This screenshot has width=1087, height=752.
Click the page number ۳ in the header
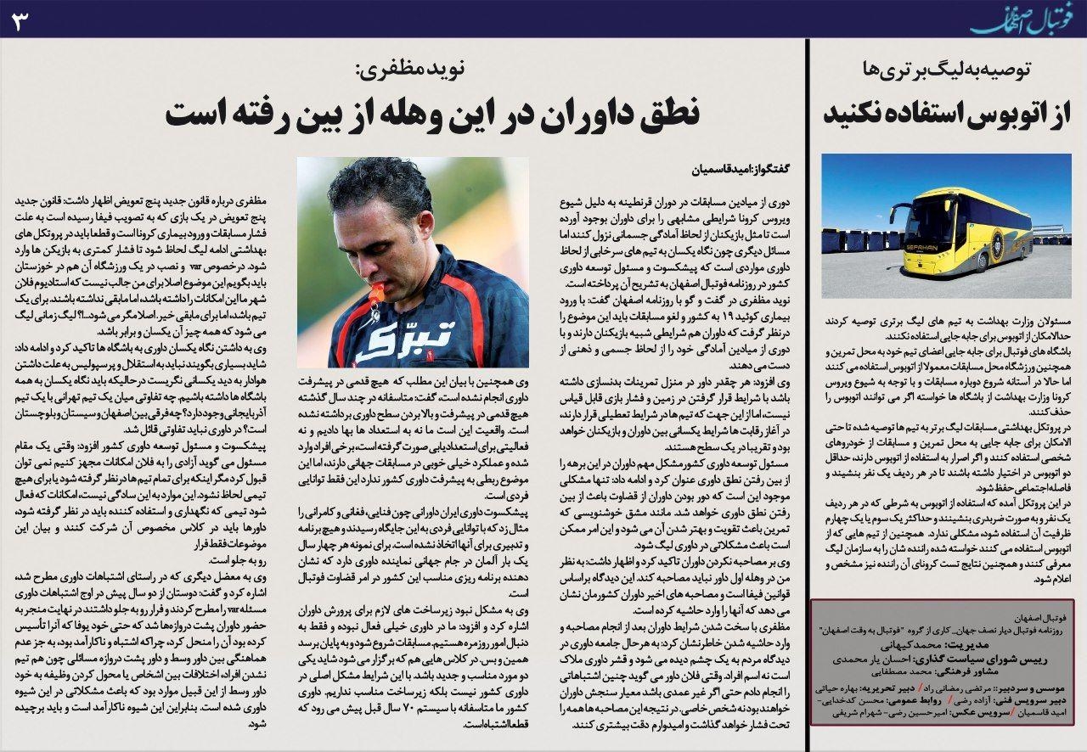coord(19,21)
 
